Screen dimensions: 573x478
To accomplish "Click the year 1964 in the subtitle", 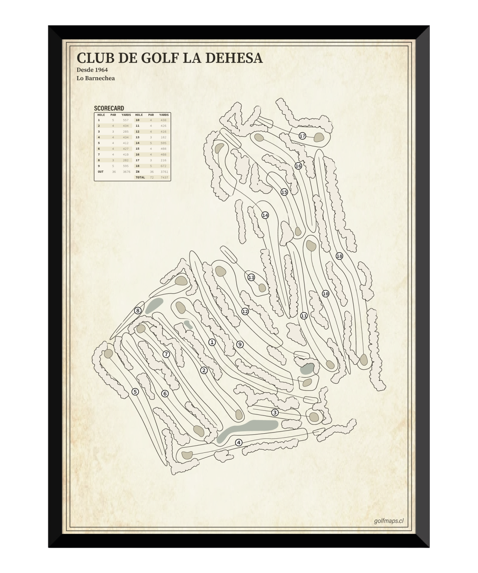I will [101, 70].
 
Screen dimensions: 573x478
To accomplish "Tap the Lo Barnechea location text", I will [96, 78].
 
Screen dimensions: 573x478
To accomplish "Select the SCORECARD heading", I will [109, 108].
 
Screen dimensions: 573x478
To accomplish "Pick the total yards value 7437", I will [164, 177].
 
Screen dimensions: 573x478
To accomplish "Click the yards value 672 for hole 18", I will [164, 166].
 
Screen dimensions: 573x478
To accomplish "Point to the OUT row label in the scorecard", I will [101, 172].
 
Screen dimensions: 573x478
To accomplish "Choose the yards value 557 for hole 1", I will [126, 120].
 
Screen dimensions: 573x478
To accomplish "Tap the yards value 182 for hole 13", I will [164, 137].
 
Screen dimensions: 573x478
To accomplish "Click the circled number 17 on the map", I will [302, 136].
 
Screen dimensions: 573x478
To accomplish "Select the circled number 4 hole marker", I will [239, 442].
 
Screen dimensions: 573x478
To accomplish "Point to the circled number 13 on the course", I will [251, 277].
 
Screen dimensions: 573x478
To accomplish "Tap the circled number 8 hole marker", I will [138, 310].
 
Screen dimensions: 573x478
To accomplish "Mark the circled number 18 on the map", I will [339, 256].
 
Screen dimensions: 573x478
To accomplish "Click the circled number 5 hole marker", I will [135, 392].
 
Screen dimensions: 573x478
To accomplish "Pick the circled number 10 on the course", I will [325, 294].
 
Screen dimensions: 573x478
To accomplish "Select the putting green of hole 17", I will [319, 137].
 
